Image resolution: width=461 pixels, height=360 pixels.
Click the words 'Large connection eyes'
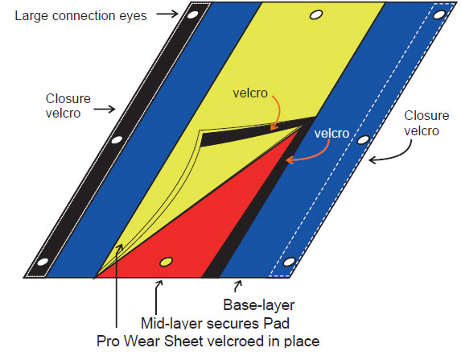80,16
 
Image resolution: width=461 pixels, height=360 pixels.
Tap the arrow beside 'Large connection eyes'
167,14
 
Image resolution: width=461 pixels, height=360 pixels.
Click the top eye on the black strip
192,14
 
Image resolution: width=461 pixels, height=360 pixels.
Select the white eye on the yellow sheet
316,14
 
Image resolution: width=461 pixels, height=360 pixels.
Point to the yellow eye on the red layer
166,261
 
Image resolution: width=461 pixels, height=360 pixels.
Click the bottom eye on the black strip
43,262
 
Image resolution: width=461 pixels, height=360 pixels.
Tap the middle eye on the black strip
117,139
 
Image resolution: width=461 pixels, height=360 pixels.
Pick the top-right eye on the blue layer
439,14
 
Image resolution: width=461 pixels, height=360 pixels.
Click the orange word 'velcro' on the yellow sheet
250,93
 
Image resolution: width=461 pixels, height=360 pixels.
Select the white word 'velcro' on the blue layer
331,134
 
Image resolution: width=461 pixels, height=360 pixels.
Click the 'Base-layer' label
259,305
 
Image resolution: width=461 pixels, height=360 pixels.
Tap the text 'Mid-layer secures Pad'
215,323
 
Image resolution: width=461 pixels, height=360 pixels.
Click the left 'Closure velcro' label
68,106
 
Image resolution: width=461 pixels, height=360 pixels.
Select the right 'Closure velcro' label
426,123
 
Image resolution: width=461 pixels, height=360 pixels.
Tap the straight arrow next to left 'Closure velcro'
105,109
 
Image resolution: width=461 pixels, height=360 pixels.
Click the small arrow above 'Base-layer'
237,286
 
